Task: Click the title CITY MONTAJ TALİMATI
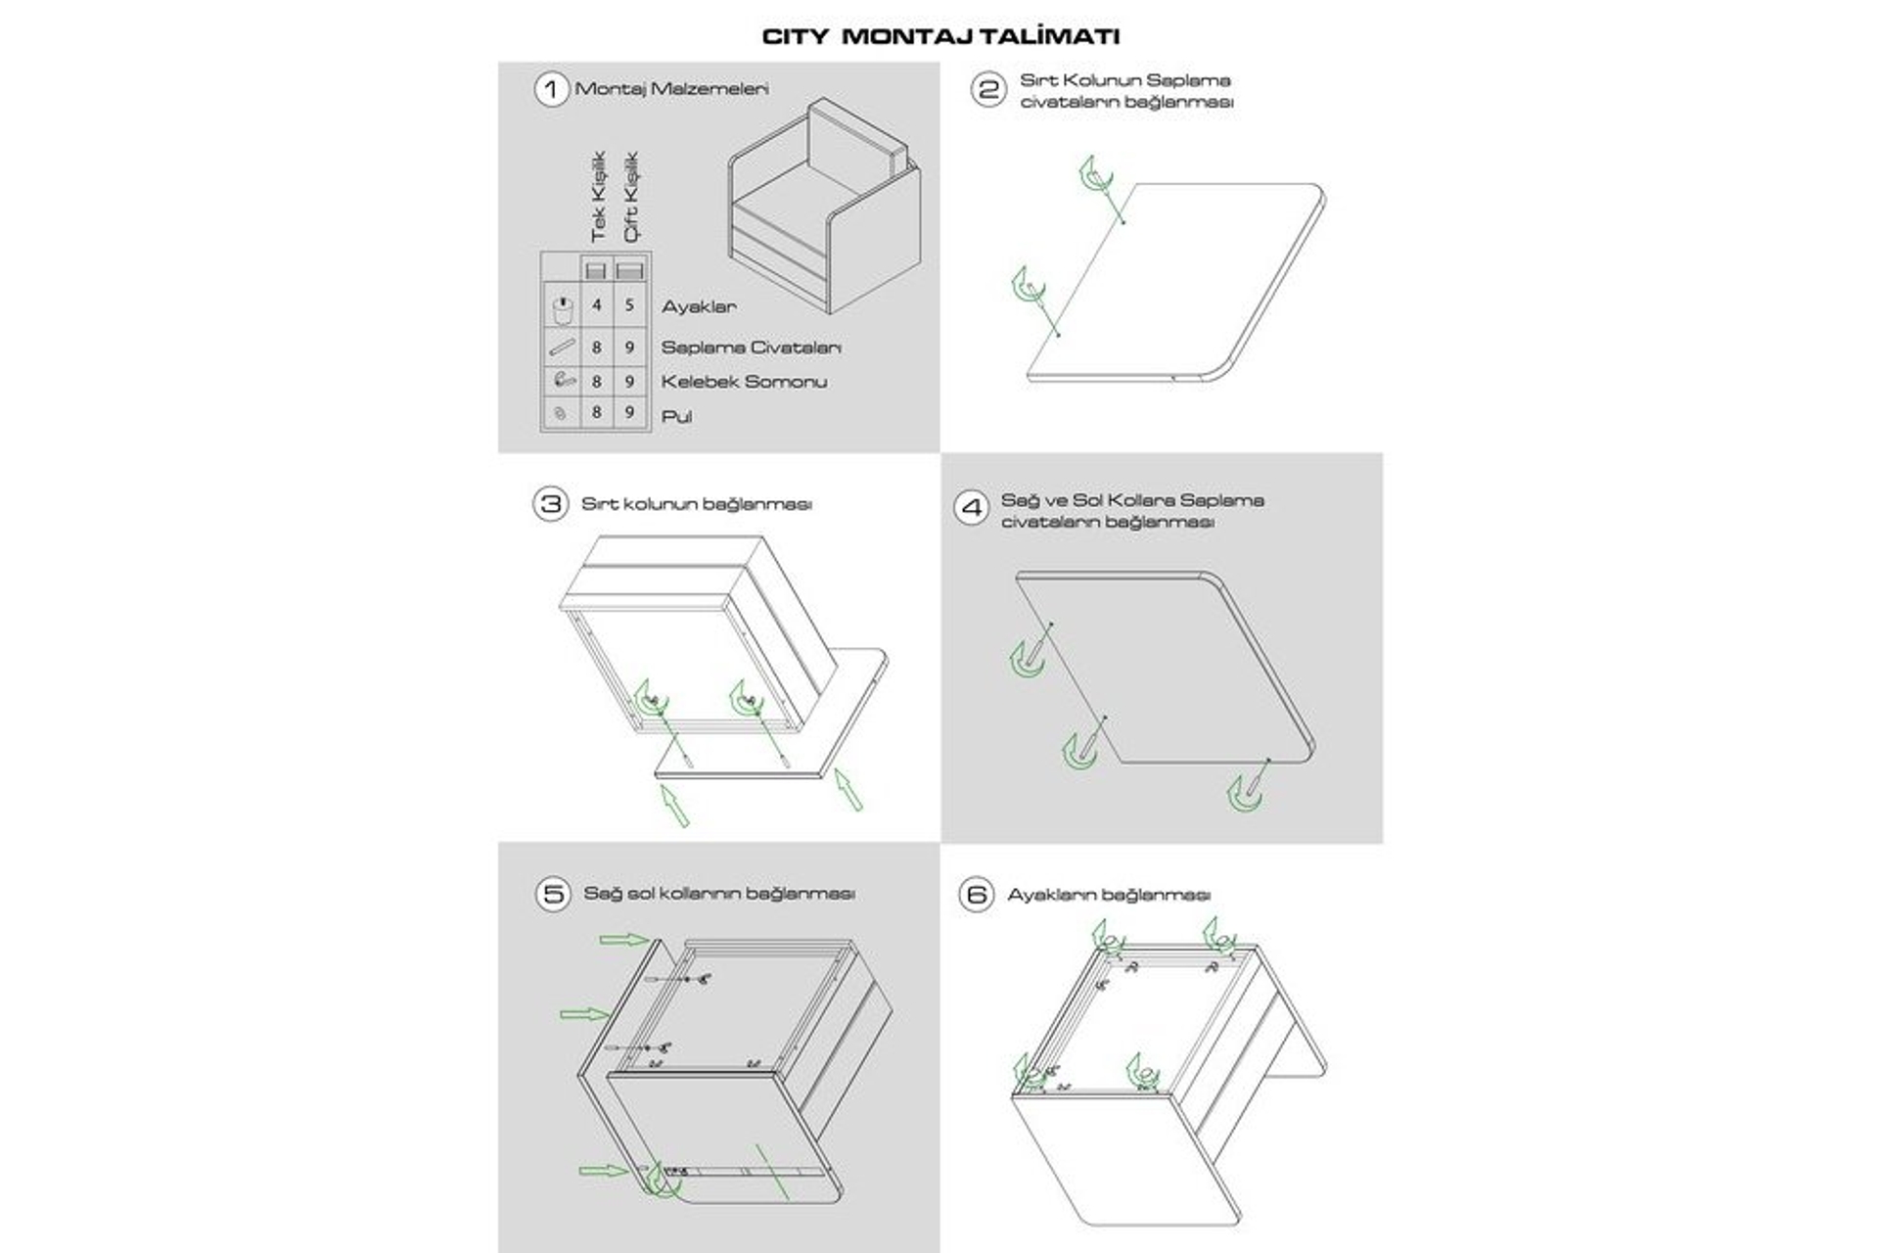pos(940,36)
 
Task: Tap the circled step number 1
pos(551,89)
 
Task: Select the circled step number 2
pos(987,90)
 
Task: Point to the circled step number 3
pos(550,504)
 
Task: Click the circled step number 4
pos(972,507)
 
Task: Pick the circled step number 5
pos(553,895)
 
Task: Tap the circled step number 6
pos(976,895)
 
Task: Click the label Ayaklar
pos(699,306)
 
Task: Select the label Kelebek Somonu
pos(744,382)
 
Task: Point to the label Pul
pos(676,416)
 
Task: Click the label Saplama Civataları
pos(751,348)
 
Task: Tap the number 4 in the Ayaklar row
pos(596,305)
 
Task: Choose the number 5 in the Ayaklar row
pos(629,305)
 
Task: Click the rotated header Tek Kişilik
pos(599,197)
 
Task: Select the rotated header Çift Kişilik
pos(630,197)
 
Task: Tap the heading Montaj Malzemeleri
pos(671,89)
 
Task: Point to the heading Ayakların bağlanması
pos(1109,895)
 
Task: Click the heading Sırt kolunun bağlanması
pos(696,504)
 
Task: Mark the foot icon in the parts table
pos(562,309)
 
